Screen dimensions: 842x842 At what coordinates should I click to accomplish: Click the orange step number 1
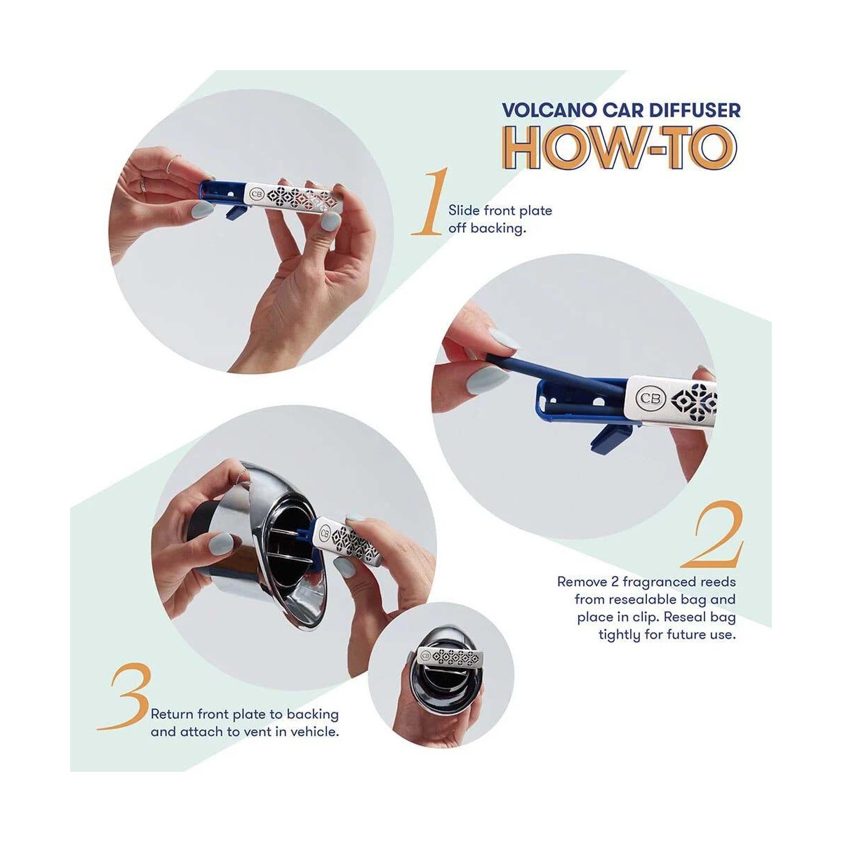430,201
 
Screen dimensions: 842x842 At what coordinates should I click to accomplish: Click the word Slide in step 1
464,210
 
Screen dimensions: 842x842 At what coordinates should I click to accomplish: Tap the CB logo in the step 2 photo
653,399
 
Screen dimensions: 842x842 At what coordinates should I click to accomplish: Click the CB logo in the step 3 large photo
324,533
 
